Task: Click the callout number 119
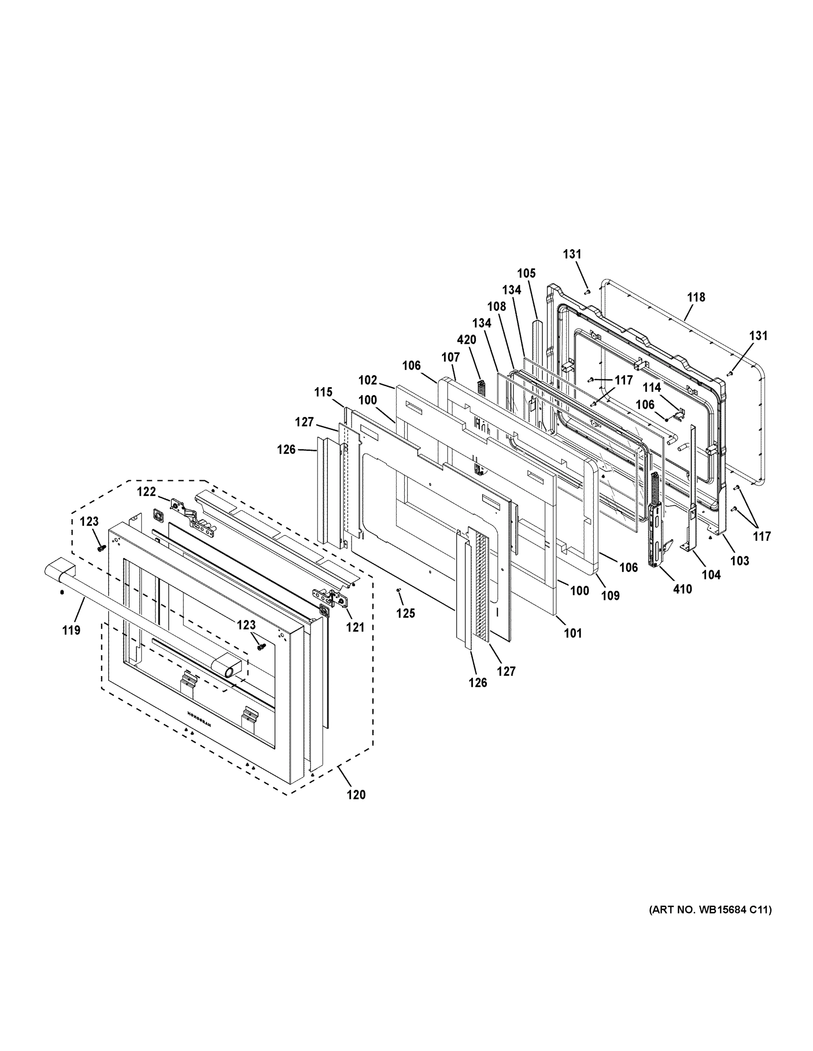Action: pyautogui.click(x=71, y=630)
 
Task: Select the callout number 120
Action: pyautogui.click(x=356, y=794)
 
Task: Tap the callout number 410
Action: pyautogui.click(x=682, y=589)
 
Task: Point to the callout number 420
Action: pyautogui.click(x=466, y=340)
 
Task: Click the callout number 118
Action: pyautogui.click(x=696, y=297)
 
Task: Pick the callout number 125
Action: pyautogui.click(x=405, y=613)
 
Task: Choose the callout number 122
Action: pyautogui.click(x=146, y=491)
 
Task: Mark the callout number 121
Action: pyautogui.click(x=355, y=627)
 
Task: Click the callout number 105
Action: pyautogui.click(x=526, y=273)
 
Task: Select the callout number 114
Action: pyautogui.click(x=652, y=388)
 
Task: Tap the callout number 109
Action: pyautogui.click(x=610, y=595)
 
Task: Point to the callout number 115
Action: pyautogui.click(x=323, y=392)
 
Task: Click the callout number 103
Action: pyautogui.click(x=740, y=560)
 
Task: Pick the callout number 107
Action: pyautogui.click(x=451, y=357)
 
